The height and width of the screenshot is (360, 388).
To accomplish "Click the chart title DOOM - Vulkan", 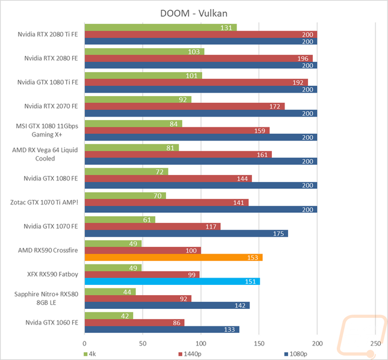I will tap(193, 13).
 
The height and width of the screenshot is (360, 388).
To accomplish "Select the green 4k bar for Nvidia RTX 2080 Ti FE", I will tap(161, 28).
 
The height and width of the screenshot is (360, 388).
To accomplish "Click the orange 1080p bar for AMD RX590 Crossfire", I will tap(173, 257).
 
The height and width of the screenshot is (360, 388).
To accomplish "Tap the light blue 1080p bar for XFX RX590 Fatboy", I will tap(172, 281).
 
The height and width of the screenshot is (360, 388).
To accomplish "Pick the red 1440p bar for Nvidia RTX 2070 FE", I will tap(185, 106).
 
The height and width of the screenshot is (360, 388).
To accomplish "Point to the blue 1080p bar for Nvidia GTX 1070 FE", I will tap(186, 233).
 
